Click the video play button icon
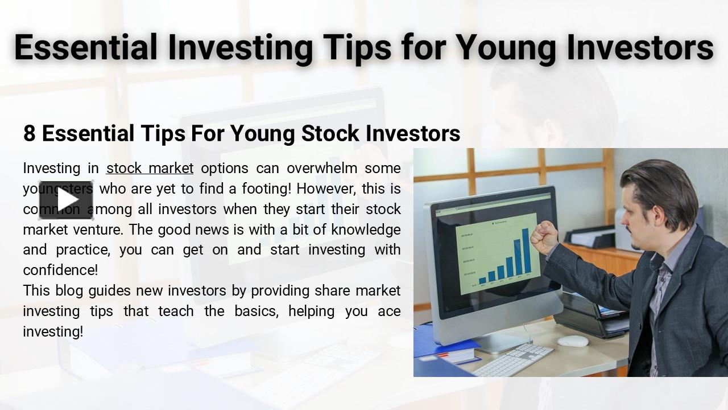tap(67, 200)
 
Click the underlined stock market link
tap(150, 169)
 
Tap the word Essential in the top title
tap(85, 47)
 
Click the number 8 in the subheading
tap(29, 133)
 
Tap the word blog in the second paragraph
tap(69, 291)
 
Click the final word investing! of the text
tap(53, 331)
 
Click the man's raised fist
tap(543, 237)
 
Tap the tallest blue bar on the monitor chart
tap(527, 256)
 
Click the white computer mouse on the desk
tap(572, 341)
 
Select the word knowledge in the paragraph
tap(366, 229)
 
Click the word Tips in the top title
tap(355, 47)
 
